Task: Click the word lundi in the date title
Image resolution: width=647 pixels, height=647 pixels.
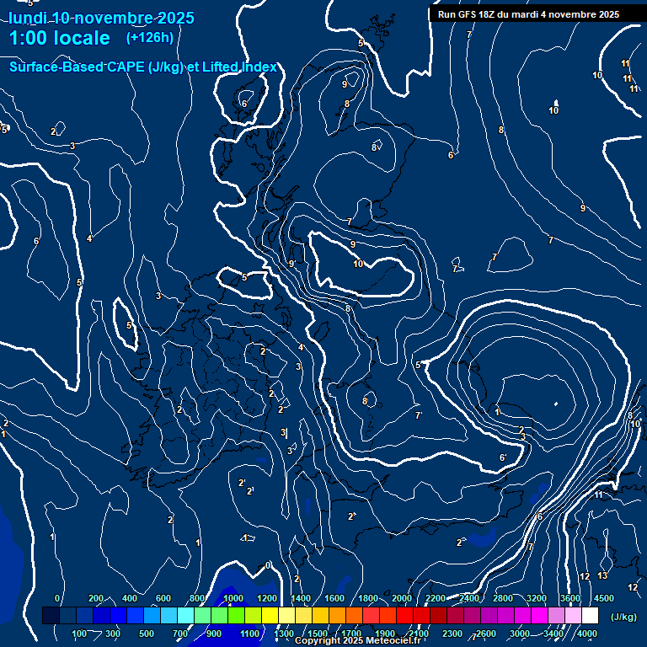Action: (x=26, y=19)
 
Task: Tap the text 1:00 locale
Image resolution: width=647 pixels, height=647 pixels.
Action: (x=59, y=38)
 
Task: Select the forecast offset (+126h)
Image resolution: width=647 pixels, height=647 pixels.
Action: (x=149, y=38)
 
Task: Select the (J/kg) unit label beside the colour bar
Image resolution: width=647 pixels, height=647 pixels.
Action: (x=623, y=618)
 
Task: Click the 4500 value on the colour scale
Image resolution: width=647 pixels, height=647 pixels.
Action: (x=603, y=598)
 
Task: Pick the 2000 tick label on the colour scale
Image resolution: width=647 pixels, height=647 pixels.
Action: (x=401, y=598)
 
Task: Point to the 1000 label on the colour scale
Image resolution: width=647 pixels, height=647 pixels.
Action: (x=233, y=598)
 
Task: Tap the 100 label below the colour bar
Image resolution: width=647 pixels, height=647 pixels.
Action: (x=80, y=634)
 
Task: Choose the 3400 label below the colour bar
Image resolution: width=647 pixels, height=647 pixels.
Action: (x=553, y=634)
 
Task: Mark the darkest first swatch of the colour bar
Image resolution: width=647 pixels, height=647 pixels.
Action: (x=51, y=616)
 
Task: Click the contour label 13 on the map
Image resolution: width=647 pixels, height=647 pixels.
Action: (x=602, y=576)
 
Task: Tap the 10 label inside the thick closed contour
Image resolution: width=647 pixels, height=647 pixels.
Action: (x=358, y=265)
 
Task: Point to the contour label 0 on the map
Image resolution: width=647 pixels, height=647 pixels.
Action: (x=268, y=565)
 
